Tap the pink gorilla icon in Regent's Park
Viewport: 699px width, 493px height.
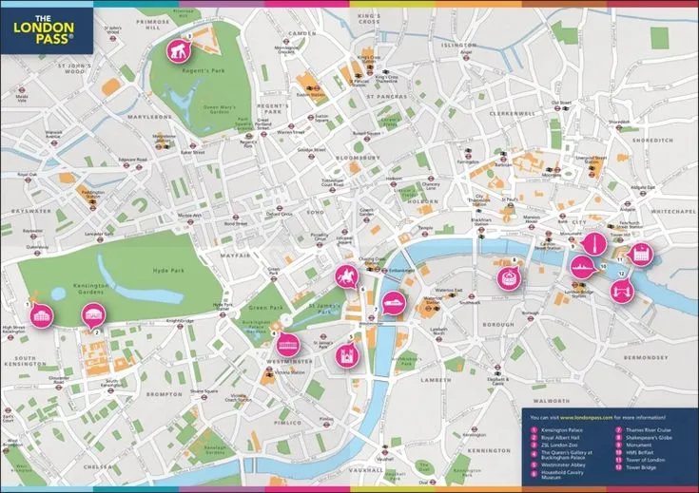pyautogui.click(x=178, y=50)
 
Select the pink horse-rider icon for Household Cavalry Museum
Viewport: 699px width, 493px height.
pyautogui.click(x=344, y=277)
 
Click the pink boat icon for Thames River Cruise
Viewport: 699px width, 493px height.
pyautogui.click(x=394, y=303)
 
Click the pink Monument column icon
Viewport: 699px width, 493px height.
pyautogui.click(x=593, y=244)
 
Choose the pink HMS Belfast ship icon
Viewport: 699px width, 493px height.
pyautogui.click(x=581, y=267)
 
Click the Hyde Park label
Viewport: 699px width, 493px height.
pyautogui.click(x=165, y=272)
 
